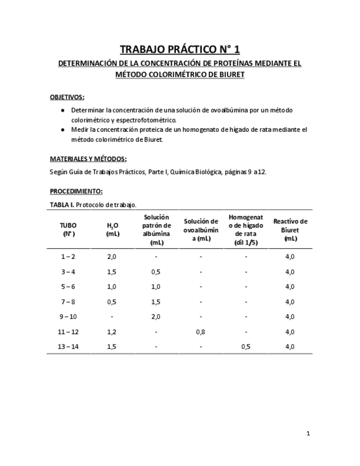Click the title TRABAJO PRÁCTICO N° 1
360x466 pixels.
pos(180,50)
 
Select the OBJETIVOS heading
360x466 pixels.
pos(67,97)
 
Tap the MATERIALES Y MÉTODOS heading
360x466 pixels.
pos(88,159)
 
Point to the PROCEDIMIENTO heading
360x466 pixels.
pos(76,191)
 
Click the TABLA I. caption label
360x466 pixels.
pos(62,204)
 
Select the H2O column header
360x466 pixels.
pos(113,229)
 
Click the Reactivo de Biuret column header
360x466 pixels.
pos(290,230)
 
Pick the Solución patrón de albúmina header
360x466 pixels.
pos(157,230)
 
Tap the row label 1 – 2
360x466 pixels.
pos(69,257)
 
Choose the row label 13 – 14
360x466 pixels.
pos(69,347)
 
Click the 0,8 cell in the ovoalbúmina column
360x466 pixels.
pos(201,332)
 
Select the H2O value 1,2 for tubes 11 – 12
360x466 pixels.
pos(112,332)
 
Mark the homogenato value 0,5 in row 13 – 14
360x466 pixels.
pos(246,347)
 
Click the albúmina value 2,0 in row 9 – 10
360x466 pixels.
pos(156,317)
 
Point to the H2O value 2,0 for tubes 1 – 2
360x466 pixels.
pos(112,257)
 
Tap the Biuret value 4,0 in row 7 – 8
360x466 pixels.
pos(290,302)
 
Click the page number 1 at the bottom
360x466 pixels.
pos(308,434)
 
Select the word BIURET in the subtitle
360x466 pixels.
pos(231,74)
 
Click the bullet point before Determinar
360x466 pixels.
pos(62,110)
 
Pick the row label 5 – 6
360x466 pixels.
pos(69,287)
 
